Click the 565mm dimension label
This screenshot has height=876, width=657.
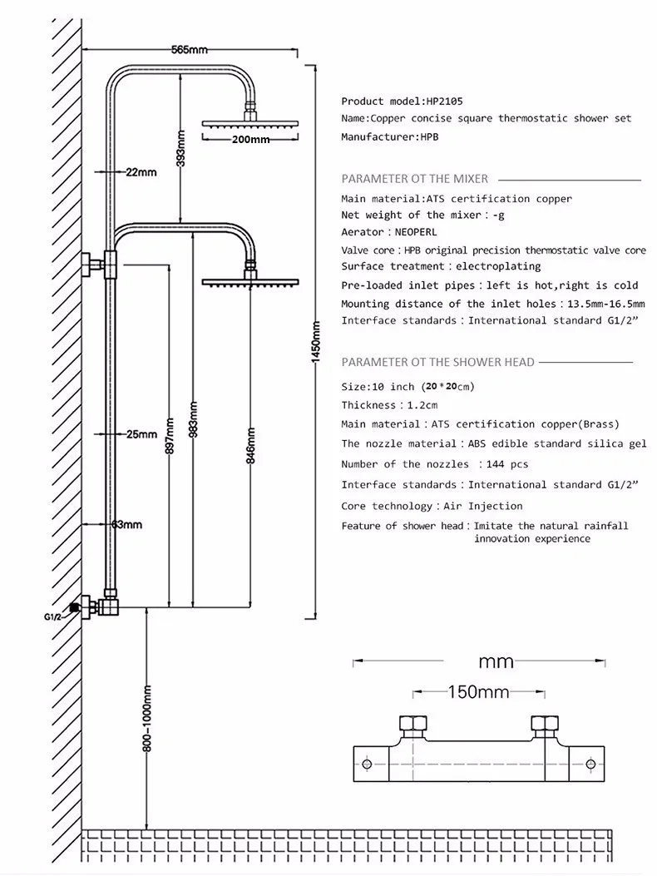[x=190, y=50]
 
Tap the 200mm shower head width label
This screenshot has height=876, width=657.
[x=251, y=139]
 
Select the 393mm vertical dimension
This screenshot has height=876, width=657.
[x=181, y=148]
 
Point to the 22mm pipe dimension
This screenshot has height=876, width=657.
[x=141, y=172]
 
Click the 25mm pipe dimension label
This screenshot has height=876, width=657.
[x=141, y=434]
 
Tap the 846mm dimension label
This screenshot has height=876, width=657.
[x=251, y=446]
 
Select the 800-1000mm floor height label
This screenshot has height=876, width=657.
[x=147, y=719]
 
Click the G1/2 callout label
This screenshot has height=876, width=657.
[x=52, y=616]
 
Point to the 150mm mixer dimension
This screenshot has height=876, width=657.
[x=479, y=692]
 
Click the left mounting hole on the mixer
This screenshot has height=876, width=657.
[x=367, y=764]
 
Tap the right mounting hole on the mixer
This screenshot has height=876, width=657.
[x=591, y=764]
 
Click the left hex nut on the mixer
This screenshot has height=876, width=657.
[x=413, y=724]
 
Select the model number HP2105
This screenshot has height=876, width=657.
[x=445, y=101]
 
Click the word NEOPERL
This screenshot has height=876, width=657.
[x=416, y=232]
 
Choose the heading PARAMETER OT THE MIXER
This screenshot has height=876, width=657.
[x=414, y=179]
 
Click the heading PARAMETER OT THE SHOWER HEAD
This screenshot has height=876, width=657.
[x=438, y=362]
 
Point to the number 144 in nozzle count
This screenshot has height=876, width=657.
[x=495, y=463]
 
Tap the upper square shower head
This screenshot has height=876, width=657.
[x=250, y=123]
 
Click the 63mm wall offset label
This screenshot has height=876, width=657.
[x=126, y=525]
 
